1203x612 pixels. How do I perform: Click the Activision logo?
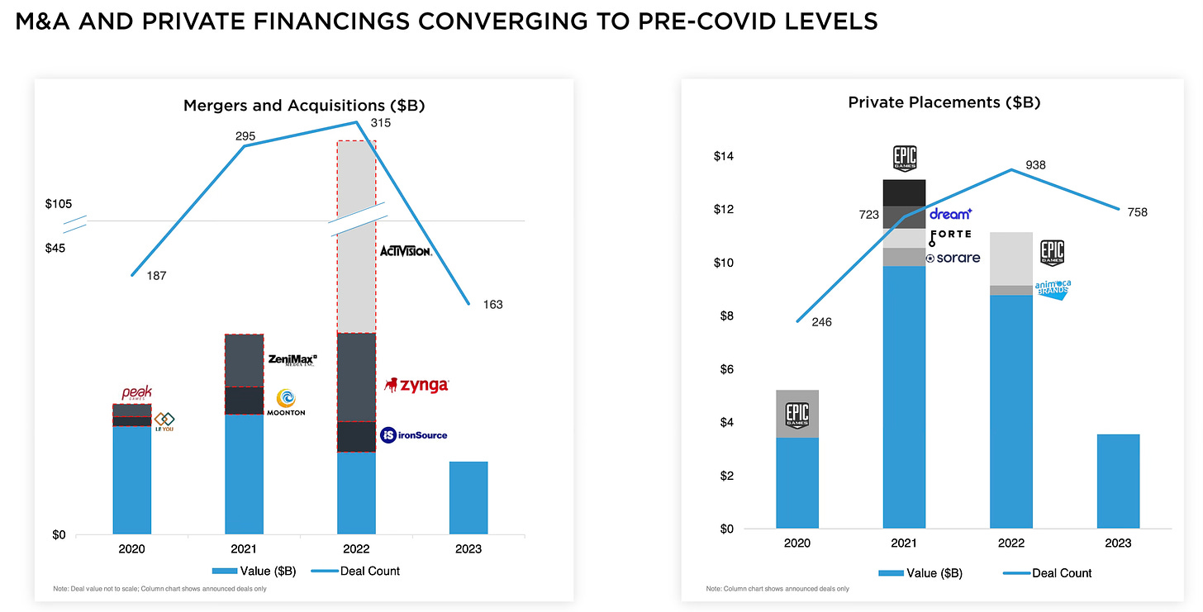click(x=405, y=250)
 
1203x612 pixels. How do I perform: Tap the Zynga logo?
click(x=417, y=385)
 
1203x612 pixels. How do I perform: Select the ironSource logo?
click(x=413, y=434)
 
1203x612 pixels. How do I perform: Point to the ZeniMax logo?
click(x=292, y=359)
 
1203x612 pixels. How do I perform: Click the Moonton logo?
click(x=286, y=402)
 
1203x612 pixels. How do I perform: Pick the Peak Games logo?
click(x=137, y=394)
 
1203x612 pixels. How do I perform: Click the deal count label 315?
click(x=381, y=123)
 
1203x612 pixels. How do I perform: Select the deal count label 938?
click(x=1035, y=165)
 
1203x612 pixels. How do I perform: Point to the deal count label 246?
click(x=822, y=322)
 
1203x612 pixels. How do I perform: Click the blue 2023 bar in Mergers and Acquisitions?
click(x=468, y=498)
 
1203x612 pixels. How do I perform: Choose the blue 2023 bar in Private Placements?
click(x=1118, y=482)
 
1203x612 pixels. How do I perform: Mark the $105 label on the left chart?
click(x=60, y=205)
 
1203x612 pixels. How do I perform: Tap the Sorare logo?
click(x=953, y=258)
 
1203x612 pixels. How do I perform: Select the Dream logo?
click(x=950, y=214)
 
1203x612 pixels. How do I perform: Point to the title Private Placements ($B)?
click(x=944, y=103)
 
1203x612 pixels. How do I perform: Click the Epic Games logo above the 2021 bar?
click(x=905, y=159)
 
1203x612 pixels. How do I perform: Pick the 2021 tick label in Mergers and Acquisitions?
click(x=244, y=549)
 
